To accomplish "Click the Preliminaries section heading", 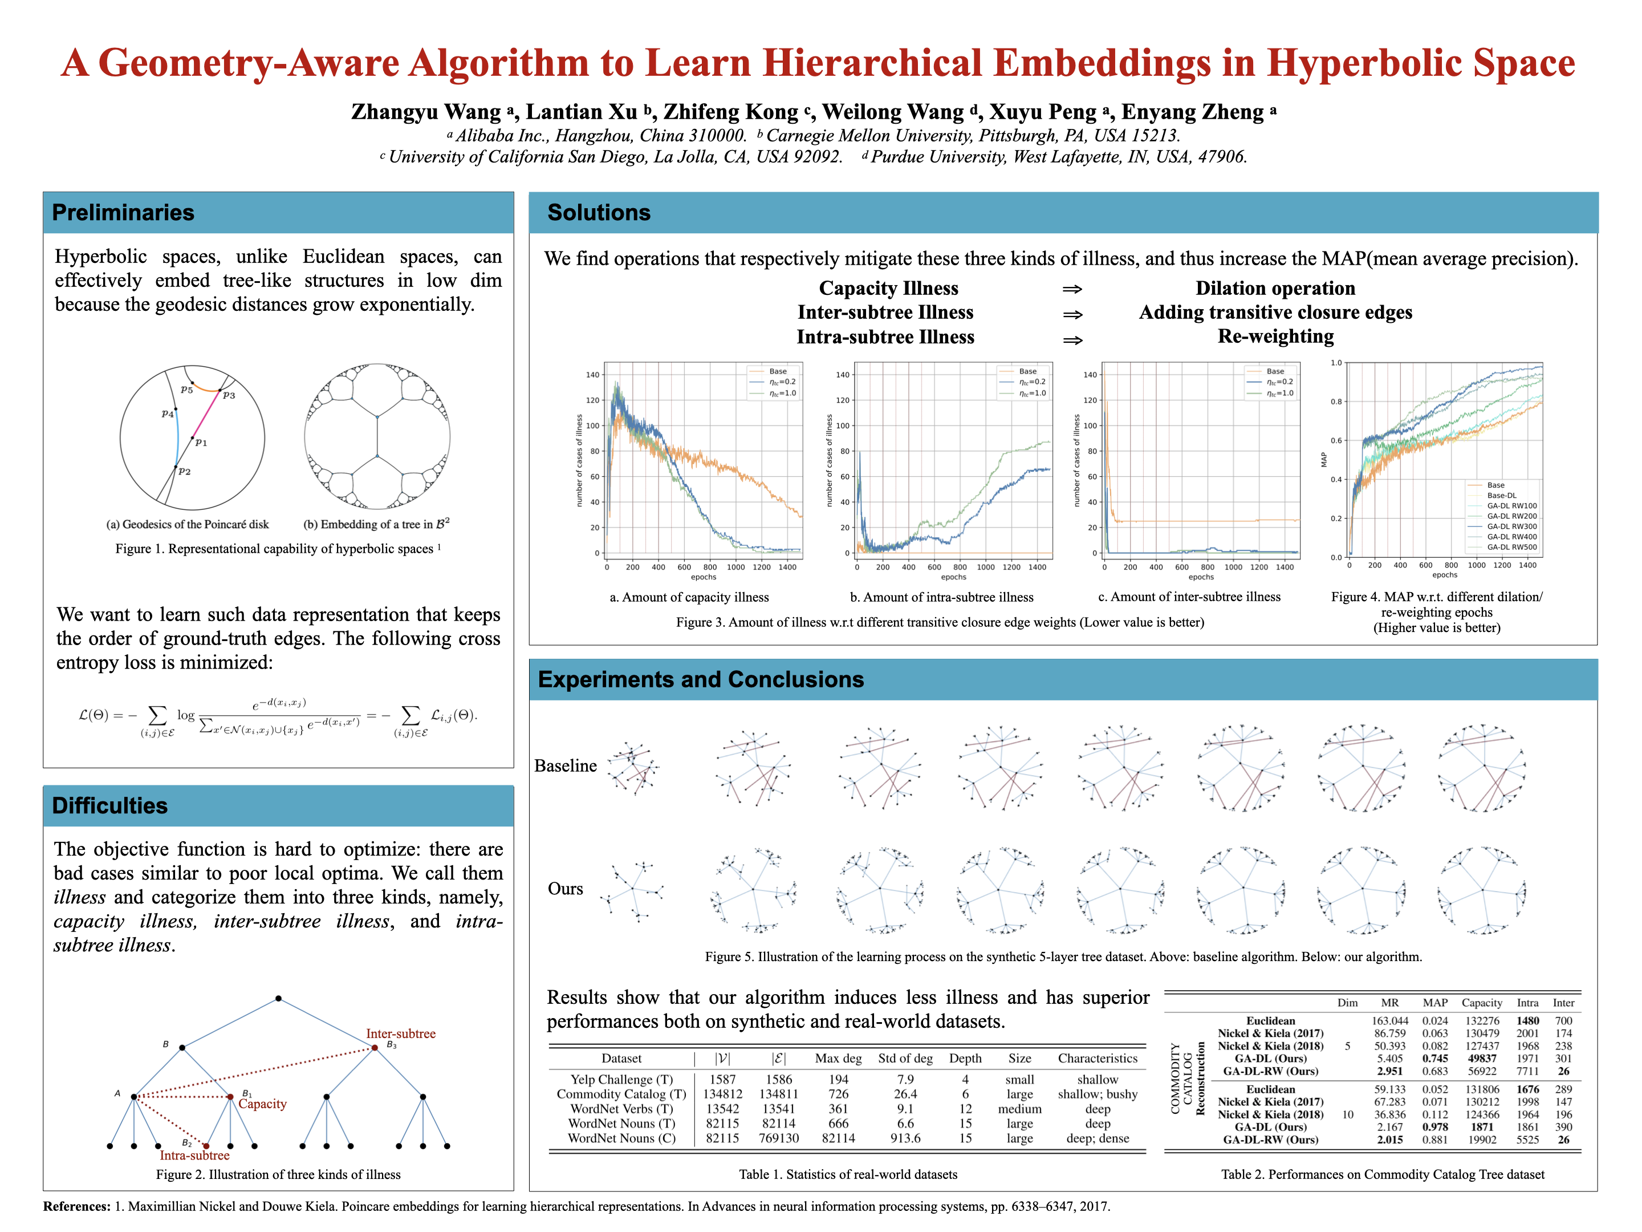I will pos(123,213).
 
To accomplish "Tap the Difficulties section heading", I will pos(110,806).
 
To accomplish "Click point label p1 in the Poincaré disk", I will pos(201,443).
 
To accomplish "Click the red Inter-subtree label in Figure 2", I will pos(400,1034).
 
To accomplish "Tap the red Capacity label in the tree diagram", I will pos(262,1104).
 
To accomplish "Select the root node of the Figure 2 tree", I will pos(278,999).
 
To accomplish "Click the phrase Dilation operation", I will pos(1275,288).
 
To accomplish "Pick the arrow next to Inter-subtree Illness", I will pos(1072,315).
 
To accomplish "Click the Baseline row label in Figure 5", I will pos(565,765).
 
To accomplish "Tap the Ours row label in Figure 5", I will pos(565,889).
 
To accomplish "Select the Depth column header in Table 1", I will pos(965,1058).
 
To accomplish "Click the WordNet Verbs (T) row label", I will pos(621,1109).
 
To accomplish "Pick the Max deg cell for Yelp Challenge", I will pos(838,1080).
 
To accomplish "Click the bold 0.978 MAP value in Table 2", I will pos(1435,1127).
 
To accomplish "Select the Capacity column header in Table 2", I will pos(1482,1003).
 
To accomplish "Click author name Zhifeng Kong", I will pos(730,112).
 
